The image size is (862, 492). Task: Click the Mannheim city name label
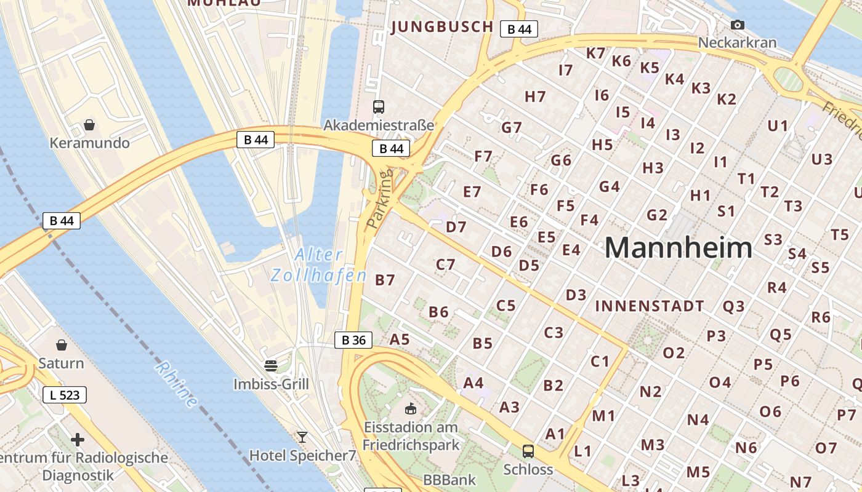tap(678, 248)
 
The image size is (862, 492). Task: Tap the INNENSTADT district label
tap(650, 306)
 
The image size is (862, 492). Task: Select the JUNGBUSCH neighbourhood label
tap(442, 26)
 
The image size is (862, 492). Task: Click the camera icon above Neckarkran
tap(737, 25)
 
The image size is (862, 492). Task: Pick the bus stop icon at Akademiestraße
tap(379, 107)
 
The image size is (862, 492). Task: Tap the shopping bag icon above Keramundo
tap(89, 125)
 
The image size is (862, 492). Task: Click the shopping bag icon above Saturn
tap(61, 344)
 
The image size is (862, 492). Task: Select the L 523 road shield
tap(65, 395)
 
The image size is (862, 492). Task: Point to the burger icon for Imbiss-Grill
tap(270, 366)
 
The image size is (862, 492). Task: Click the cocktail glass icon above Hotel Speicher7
tap(302, 437)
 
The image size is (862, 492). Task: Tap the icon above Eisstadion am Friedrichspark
tap(411, 408)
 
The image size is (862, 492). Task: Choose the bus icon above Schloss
tap(528, 451)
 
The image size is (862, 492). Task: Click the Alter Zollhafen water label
tap(318, 264)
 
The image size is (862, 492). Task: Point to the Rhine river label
tap(177, 385)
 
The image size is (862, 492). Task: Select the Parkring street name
tap(379, 200)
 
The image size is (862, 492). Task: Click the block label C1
tap(600, 361)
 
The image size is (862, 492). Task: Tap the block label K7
tap(595, 53)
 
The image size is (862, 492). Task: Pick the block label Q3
tap(733, 306)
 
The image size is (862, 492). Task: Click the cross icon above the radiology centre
tap(77, 440)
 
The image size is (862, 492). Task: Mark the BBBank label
tap(449, 480)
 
